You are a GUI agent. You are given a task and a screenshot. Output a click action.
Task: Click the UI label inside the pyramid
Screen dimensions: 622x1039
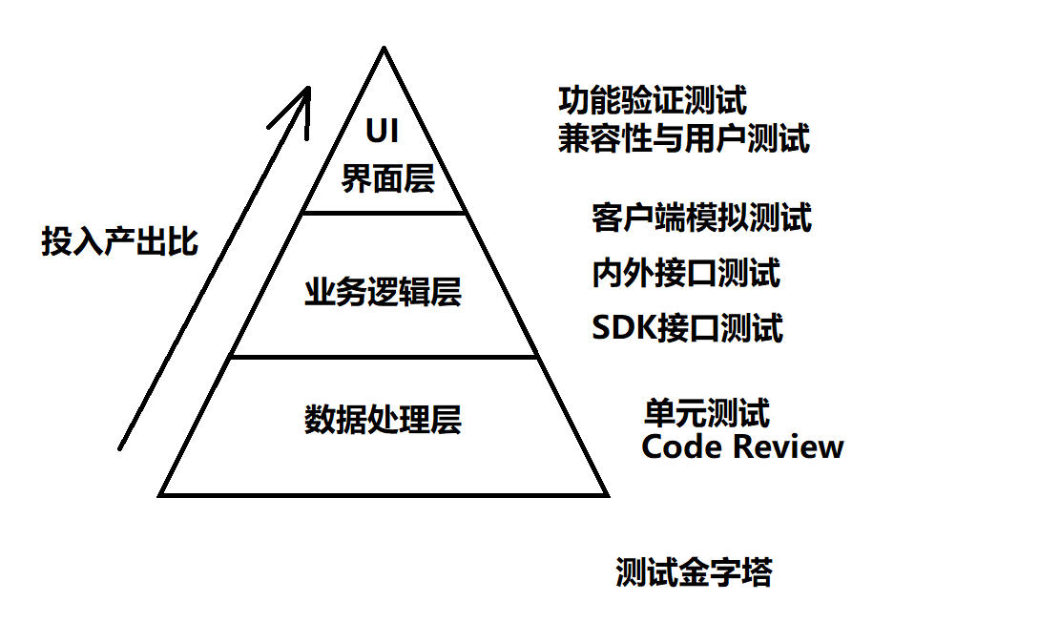coord(383,132)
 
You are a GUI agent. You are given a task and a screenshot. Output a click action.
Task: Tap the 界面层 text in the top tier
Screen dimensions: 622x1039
coord(387,178)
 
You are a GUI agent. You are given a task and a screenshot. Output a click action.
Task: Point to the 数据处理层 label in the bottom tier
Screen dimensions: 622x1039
coord(383,420)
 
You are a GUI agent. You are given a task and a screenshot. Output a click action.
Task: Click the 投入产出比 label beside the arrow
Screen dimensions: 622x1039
coord(119,241)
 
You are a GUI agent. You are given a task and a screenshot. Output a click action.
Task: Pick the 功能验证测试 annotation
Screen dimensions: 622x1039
coord(653,100)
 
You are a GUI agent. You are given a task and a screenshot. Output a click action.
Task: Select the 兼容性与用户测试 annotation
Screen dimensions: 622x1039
coord(683,139)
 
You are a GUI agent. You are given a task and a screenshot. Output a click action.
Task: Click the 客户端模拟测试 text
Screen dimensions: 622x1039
coord(701,218)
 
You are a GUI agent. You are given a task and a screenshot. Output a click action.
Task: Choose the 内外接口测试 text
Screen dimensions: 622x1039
coord(686,274)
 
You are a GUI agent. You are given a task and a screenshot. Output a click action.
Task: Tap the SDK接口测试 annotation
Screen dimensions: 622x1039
coord(687,328)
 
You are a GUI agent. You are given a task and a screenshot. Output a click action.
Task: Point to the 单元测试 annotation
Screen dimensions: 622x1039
coord(707,413)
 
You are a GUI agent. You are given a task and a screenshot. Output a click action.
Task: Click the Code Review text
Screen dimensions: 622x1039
coord(742,446)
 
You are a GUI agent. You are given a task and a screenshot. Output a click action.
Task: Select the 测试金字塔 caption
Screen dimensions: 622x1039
coord(694,572)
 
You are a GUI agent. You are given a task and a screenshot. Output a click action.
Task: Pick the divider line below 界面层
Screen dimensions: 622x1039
coord(384,212)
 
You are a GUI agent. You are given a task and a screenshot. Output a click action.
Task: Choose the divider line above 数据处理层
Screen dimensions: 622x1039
coord(384,358)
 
